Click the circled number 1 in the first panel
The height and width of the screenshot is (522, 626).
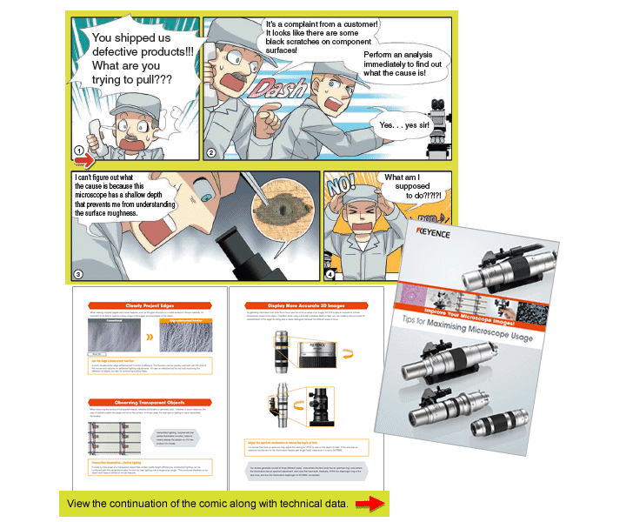78,150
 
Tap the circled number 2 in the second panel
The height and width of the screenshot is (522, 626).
211,153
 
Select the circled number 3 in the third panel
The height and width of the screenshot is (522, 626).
77,274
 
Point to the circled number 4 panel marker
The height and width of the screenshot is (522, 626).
331,274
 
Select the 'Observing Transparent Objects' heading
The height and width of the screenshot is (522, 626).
147,401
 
